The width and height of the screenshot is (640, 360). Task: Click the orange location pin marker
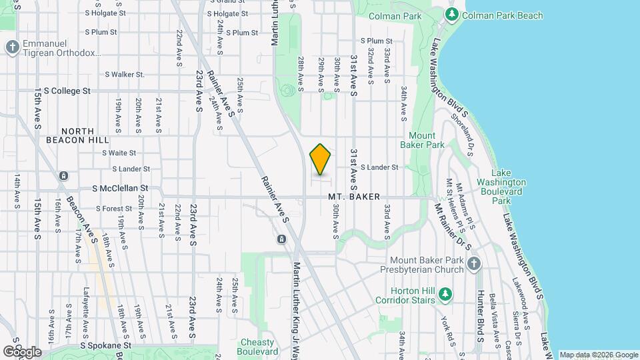321,159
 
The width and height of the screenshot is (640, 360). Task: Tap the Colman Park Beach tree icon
452,14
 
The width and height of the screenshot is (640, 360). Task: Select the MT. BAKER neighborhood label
354,197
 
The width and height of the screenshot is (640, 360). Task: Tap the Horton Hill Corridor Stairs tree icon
445,293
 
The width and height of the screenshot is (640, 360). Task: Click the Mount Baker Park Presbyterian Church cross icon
473,265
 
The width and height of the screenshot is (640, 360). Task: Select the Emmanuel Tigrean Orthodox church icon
12,47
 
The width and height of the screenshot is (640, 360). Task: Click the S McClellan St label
120,189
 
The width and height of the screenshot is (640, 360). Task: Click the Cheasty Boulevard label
258,347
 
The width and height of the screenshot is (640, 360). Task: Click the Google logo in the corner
22,351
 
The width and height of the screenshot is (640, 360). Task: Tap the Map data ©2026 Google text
599,355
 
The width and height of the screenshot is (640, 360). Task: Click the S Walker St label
125,75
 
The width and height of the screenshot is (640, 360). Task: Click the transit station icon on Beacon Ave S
63,176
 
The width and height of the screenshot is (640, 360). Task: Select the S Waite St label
119,153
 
